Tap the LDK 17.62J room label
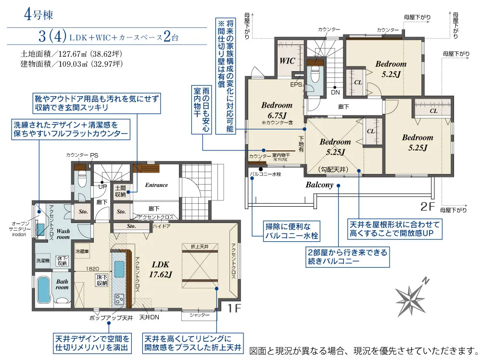click(161, 270)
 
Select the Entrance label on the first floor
click(156, 185)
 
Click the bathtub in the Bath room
click(44, 290)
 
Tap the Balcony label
click(319, 185)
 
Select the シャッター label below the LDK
click(200, 315)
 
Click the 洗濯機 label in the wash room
click(42, 260)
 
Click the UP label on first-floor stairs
click(102, 186)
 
